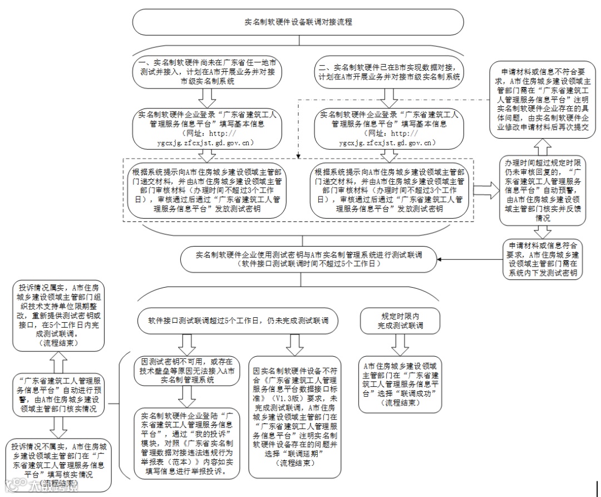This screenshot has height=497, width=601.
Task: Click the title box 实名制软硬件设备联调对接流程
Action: [x=298, y=22]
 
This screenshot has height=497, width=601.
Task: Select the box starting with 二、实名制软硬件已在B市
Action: [x=390, y=69]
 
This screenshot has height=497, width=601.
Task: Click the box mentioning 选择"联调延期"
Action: [x=294, y=417]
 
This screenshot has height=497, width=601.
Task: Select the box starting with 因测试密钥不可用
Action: [x=186, y=370]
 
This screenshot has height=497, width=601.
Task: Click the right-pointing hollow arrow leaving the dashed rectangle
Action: [x=486, y=189]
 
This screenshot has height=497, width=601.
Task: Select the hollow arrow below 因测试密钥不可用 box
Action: [x=186, y=397]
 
